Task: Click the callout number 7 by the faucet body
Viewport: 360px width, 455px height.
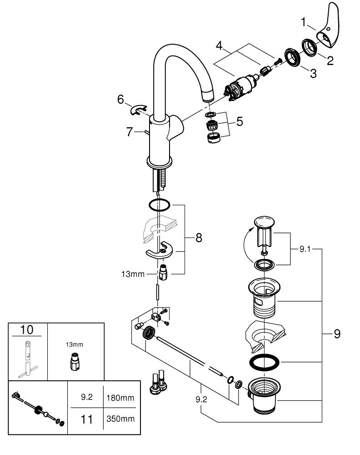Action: coord(130,132)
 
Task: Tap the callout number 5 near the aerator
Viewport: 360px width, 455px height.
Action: coord(239,121)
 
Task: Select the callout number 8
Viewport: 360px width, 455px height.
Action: coord(199,238)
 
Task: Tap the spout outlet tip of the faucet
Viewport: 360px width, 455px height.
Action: coord(207,97)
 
